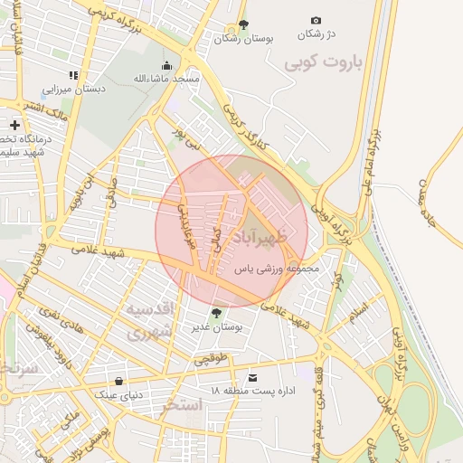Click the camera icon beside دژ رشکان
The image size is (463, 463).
[316, 20]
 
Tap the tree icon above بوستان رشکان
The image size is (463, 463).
[241, 25]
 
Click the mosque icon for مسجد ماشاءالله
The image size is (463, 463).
[166, 66]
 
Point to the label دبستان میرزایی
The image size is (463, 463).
[77, 89]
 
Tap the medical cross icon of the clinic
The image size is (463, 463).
[14, 125]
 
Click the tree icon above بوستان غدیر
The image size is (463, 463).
[216, 312]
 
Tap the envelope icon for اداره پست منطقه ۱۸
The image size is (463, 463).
[251, 376]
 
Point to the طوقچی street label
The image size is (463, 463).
[213, 359]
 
